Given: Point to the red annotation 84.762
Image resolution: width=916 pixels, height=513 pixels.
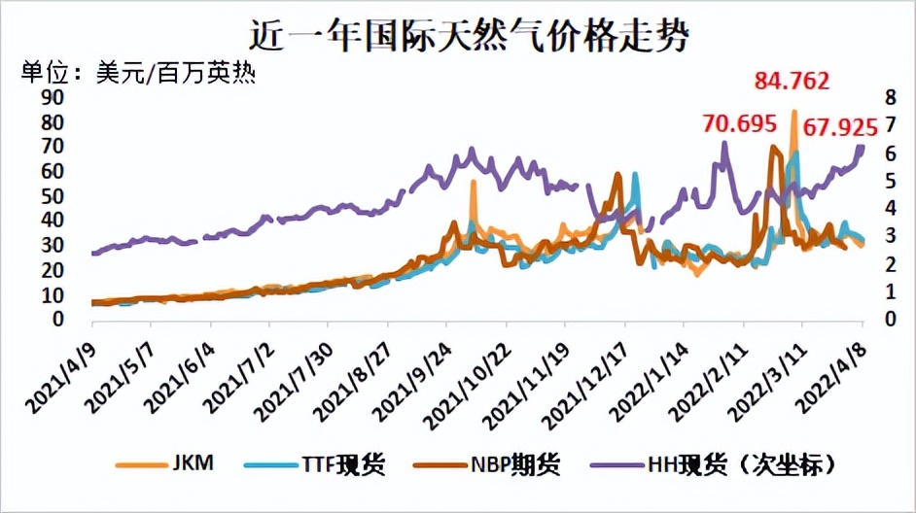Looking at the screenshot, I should tap(794, 82).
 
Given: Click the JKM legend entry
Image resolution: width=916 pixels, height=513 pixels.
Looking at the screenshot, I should tap(165, 464).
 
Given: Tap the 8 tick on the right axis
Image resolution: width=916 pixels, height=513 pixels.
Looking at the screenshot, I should tap(888, 97).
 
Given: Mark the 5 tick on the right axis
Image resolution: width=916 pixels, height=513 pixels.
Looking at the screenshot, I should tap(888, 181).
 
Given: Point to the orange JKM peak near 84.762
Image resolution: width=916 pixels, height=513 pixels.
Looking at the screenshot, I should tap(794, 113).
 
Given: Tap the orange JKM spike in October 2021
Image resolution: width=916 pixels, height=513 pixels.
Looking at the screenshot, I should tap(473, 183).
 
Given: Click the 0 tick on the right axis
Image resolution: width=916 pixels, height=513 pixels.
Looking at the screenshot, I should tap(888, 319).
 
